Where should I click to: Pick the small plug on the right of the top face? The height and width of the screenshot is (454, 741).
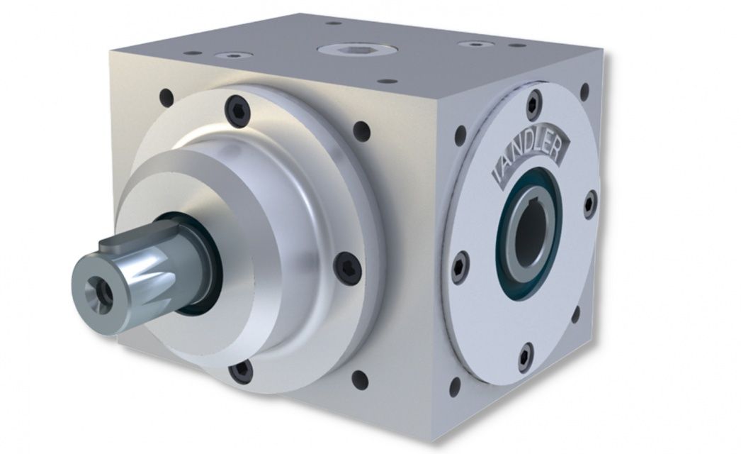472,44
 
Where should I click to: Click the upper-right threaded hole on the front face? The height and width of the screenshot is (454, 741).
361,130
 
